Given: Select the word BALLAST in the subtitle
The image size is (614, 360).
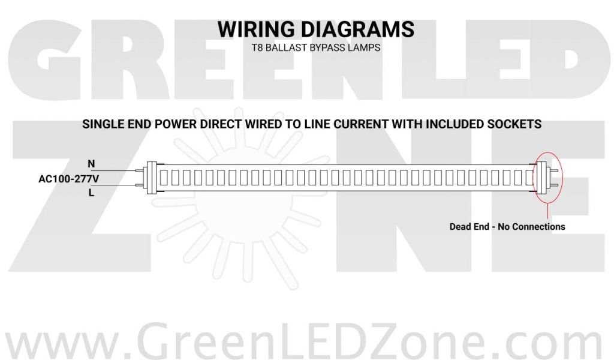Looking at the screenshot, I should [287, 48].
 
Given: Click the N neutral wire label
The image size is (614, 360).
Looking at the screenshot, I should [91, 163].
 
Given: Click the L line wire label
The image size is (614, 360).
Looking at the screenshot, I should [91, 193].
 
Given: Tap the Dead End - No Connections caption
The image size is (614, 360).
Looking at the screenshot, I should [507, 227].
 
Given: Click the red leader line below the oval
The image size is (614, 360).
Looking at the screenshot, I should [547, 211].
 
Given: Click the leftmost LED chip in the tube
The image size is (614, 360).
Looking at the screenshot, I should [166, 178].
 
